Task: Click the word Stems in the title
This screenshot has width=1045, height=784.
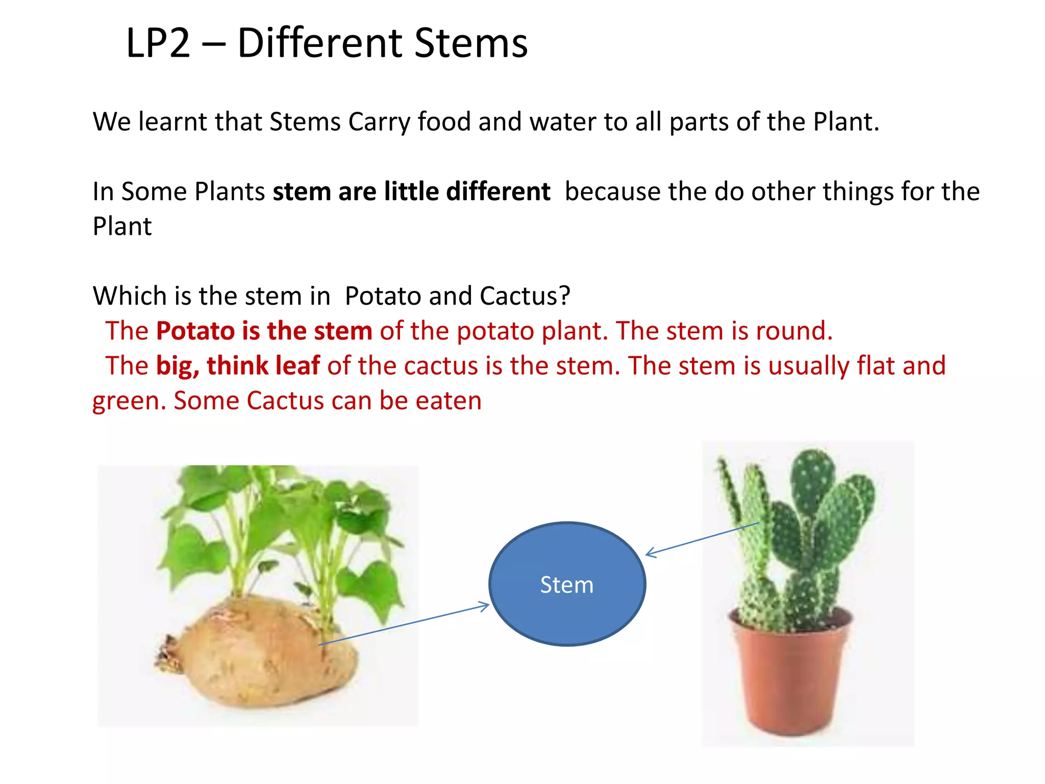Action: coord(470,43)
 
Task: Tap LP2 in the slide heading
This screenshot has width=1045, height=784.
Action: coord(158,43)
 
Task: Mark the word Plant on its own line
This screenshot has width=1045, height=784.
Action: coord(122,226)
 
